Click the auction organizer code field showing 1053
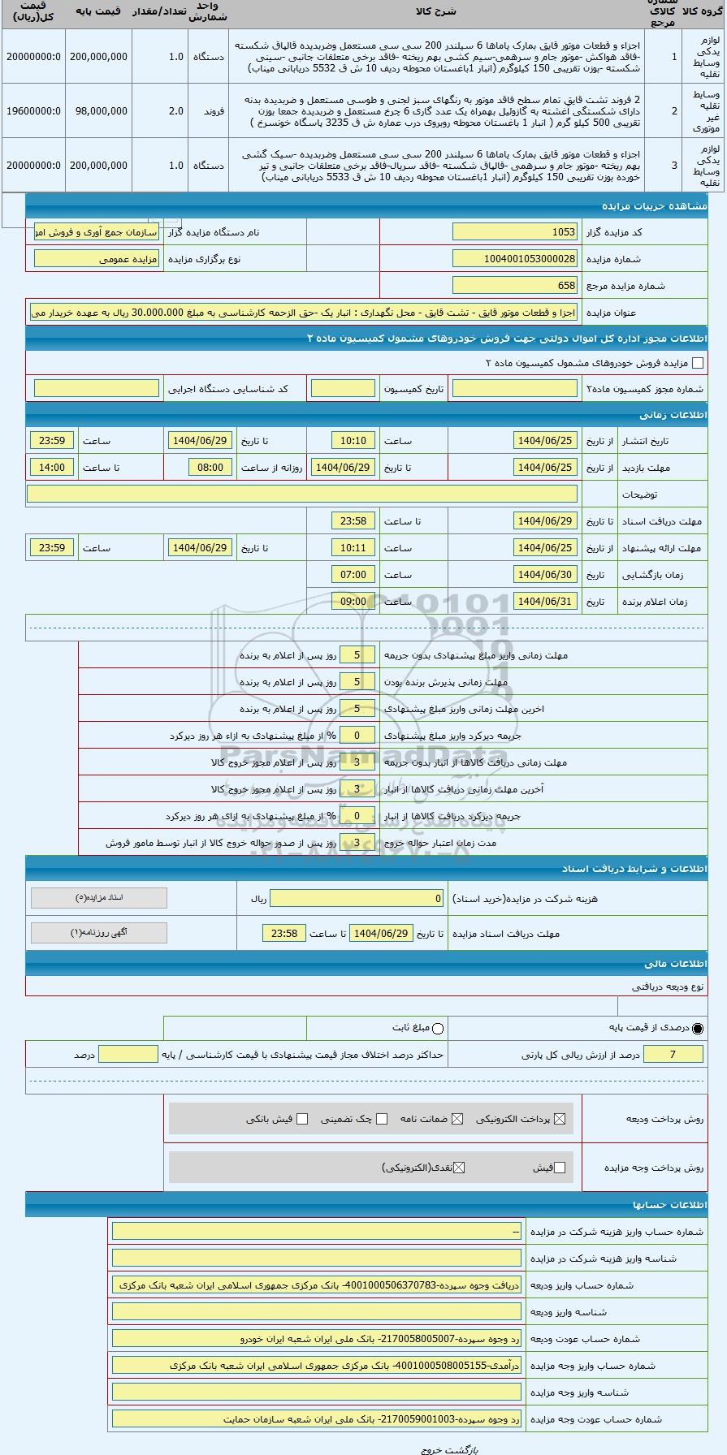(x=515, y=232)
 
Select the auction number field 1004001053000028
(x=515, y=259)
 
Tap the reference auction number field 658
(x=515, y=286)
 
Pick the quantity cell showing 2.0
(x=175, y=110)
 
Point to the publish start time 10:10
(x=353, y=441)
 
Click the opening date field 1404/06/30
(x=545, y=575)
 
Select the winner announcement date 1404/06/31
(x=545, y=602)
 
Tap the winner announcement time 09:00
(x=353, y=602)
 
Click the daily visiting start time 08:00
(x=210, y=468)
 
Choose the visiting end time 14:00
(x=52, y=468)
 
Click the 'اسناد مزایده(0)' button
(x=98, y=898)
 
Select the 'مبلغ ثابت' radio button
(x=439, y=1029)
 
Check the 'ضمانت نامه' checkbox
(x=457, y=1119)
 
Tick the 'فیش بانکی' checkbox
(x=302, y=1119)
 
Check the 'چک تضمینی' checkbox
(x=380, y=1119)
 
